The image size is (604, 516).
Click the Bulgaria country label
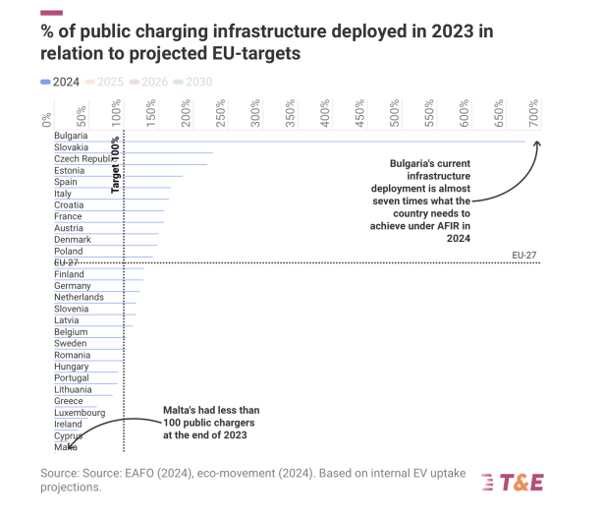click(x=71, y=136)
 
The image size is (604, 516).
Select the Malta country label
click(x=66, y=447)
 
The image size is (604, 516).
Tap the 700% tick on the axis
click(x=535, y=115)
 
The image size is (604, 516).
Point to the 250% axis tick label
click(x=222, y=115)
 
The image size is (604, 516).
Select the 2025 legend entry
click(x=105, y=83)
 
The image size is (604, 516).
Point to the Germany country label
click(x=73, y=286)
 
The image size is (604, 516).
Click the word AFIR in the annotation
click(x=455, y=225)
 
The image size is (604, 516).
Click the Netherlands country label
click(x=79, y=297)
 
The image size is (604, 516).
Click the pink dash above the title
click(x=51, y=13)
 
